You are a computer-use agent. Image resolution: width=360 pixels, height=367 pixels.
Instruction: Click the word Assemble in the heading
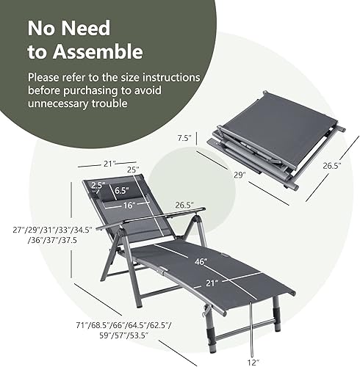(104, 51)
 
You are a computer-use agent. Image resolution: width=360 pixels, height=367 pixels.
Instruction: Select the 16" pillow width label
(129, 206)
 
